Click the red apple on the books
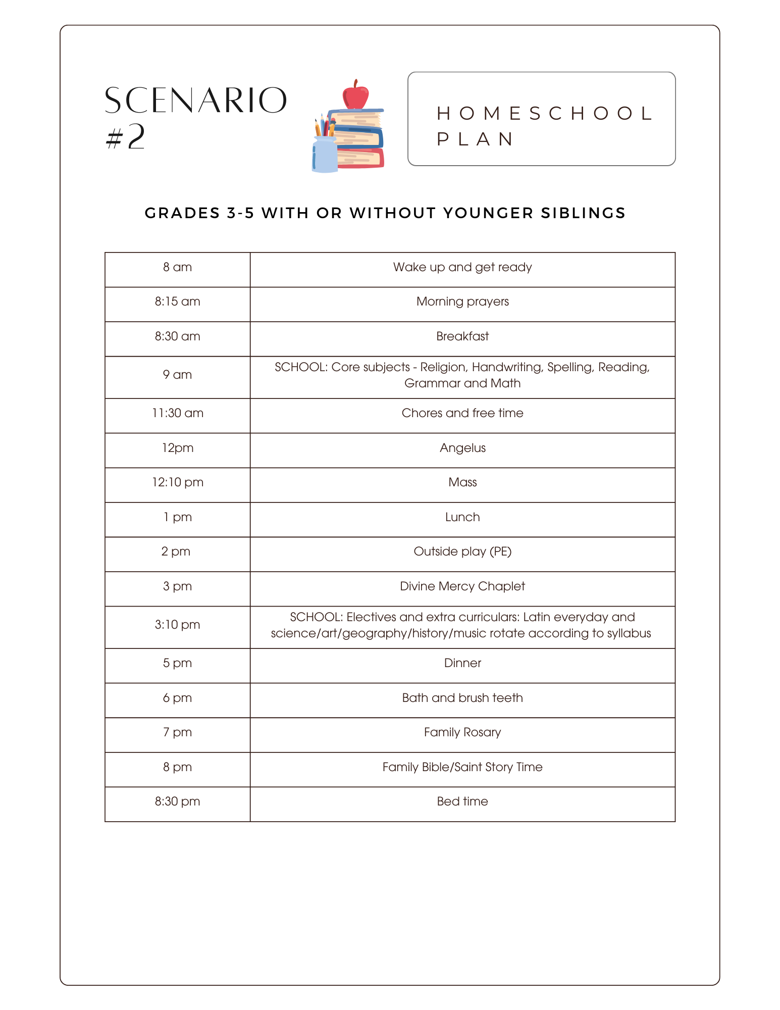coord(355,96)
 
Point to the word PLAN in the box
coord(475,139)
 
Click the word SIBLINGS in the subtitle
coord(583,213)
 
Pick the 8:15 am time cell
coord(177,301)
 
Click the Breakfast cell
coord(462,336)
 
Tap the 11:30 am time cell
coord(177,413)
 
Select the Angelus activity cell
coord(462,448)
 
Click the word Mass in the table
coord(462,482)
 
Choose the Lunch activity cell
coord(462,517)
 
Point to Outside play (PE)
coord(462,551)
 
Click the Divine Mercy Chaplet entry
coord(462,586)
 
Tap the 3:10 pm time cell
coord(177,625)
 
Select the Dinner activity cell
coord(462,663)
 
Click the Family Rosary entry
coord(462,732)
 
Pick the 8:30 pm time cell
coord(177,801)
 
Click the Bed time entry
coord(462,801)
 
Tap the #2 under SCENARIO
coord(126,137)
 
